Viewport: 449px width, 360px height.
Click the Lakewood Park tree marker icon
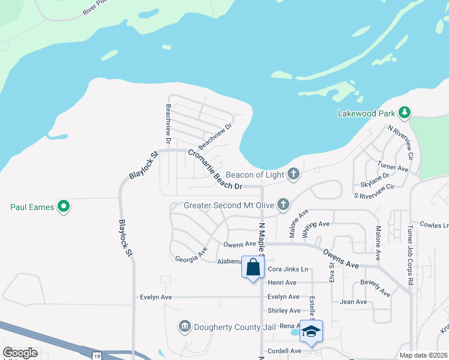coord(405,112)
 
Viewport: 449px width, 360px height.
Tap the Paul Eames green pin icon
coord(64,207)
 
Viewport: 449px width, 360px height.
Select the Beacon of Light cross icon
coord(294,174)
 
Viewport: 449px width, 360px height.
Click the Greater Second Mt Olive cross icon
coord(283,205)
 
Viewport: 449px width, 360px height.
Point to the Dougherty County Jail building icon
coord(184,326)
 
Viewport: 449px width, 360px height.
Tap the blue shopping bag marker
coord(253,267)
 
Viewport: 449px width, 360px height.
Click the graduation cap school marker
coord(311,331)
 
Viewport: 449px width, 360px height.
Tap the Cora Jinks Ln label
coord(288,269)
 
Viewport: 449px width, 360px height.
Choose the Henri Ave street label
coord(282,283)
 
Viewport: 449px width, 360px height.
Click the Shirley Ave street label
coord(283,311)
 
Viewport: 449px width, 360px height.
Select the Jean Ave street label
coord(353,302)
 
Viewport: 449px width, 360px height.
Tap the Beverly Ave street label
coord(375,288)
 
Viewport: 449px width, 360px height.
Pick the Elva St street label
coord(331,272)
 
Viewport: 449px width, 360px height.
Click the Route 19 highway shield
coord(97,356)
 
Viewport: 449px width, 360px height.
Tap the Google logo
coord(20,353)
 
